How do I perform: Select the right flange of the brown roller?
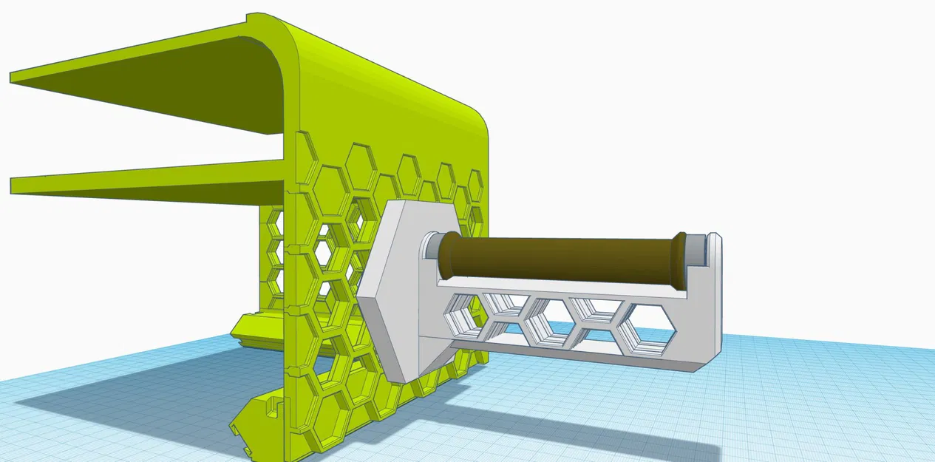coord(677,262)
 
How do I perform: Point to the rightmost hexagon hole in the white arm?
coord(649,325)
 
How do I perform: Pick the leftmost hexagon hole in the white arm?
coord(463,313)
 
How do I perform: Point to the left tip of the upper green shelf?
coord(15,76)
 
